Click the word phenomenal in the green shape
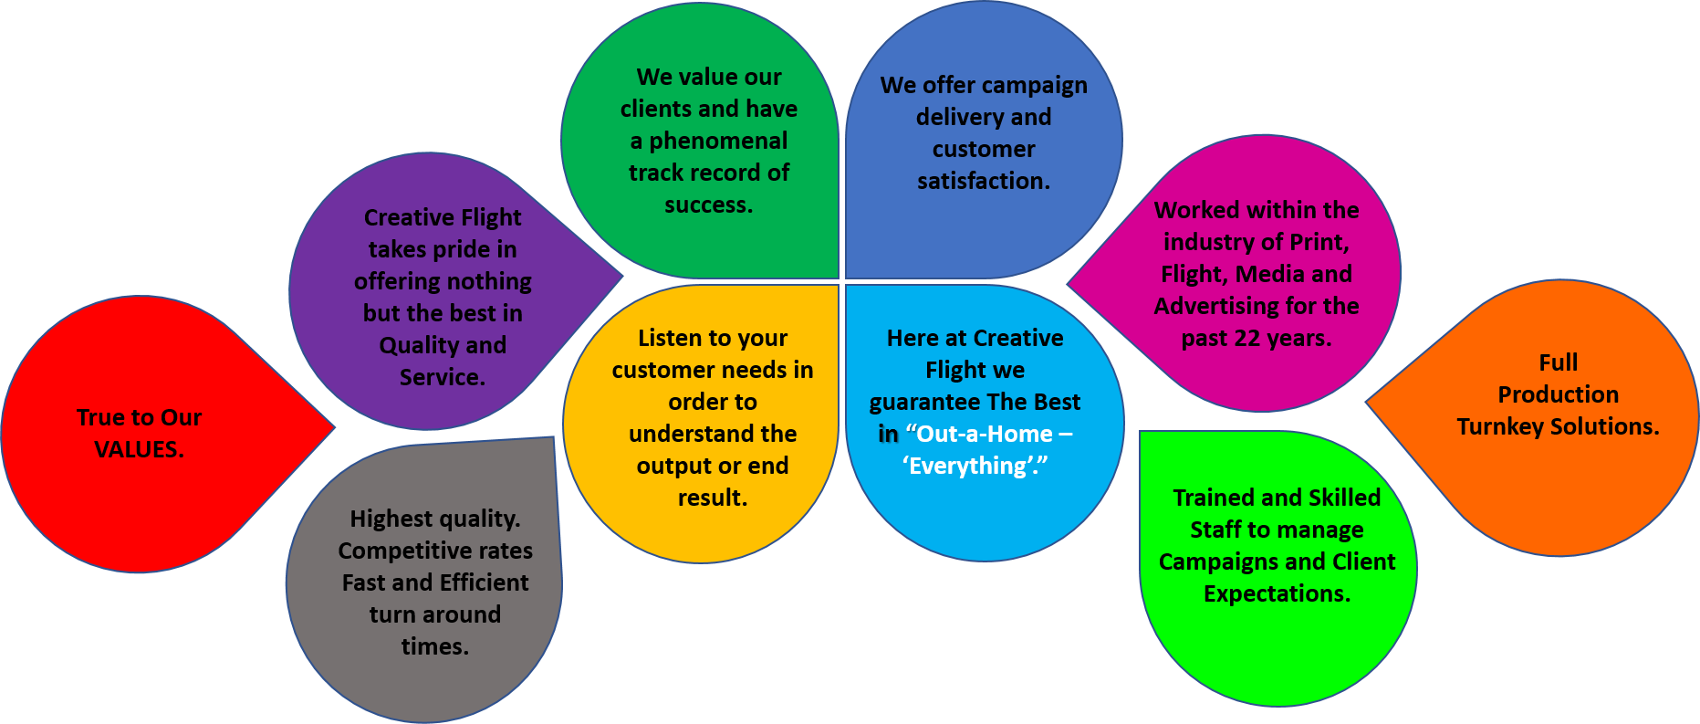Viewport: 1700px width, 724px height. pos(718,141)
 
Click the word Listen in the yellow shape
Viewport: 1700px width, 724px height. pos(670,338)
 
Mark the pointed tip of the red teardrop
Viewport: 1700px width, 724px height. pos(334,426)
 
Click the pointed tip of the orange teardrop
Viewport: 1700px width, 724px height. pos(1366,401)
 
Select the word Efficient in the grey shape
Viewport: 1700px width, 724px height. pos(484,582)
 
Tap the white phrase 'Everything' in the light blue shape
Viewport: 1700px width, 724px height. pos(973,467)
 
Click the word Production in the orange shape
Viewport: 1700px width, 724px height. pos(1558,394)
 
